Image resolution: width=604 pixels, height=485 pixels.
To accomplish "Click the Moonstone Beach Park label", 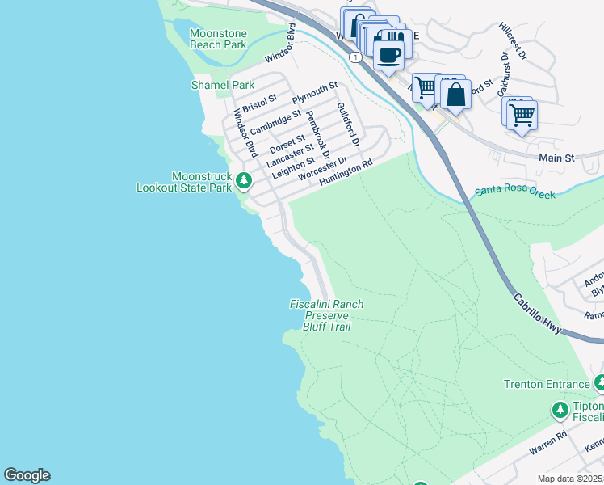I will pos(218,39).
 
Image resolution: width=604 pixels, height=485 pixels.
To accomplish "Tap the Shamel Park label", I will pos(222,85).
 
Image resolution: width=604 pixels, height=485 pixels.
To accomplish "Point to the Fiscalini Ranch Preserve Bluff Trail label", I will pos(326,315).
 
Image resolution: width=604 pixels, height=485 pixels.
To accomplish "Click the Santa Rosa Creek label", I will pos(514,192).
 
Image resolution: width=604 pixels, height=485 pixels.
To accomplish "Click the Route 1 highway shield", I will pos(354,57).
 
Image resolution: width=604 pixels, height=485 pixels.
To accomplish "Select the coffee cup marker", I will pos(388,55).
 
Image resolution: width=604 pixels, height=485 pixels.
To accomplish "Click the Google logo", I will pos(27,475).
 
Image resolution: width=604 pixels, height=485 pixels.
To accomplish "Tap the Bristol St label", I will pos(259,103).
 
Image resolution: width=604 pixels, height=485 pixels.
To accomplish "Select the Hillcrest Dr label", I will pos(513,42).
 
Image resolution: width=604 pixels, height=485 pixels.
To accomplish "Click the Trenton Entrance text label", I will pos(547,384).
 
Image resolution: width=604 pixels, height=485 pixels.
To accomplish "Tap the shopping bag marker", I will pos(455,94).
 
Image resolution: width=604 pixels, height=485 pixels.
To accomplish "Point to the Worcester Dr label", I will pos(321,170).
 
